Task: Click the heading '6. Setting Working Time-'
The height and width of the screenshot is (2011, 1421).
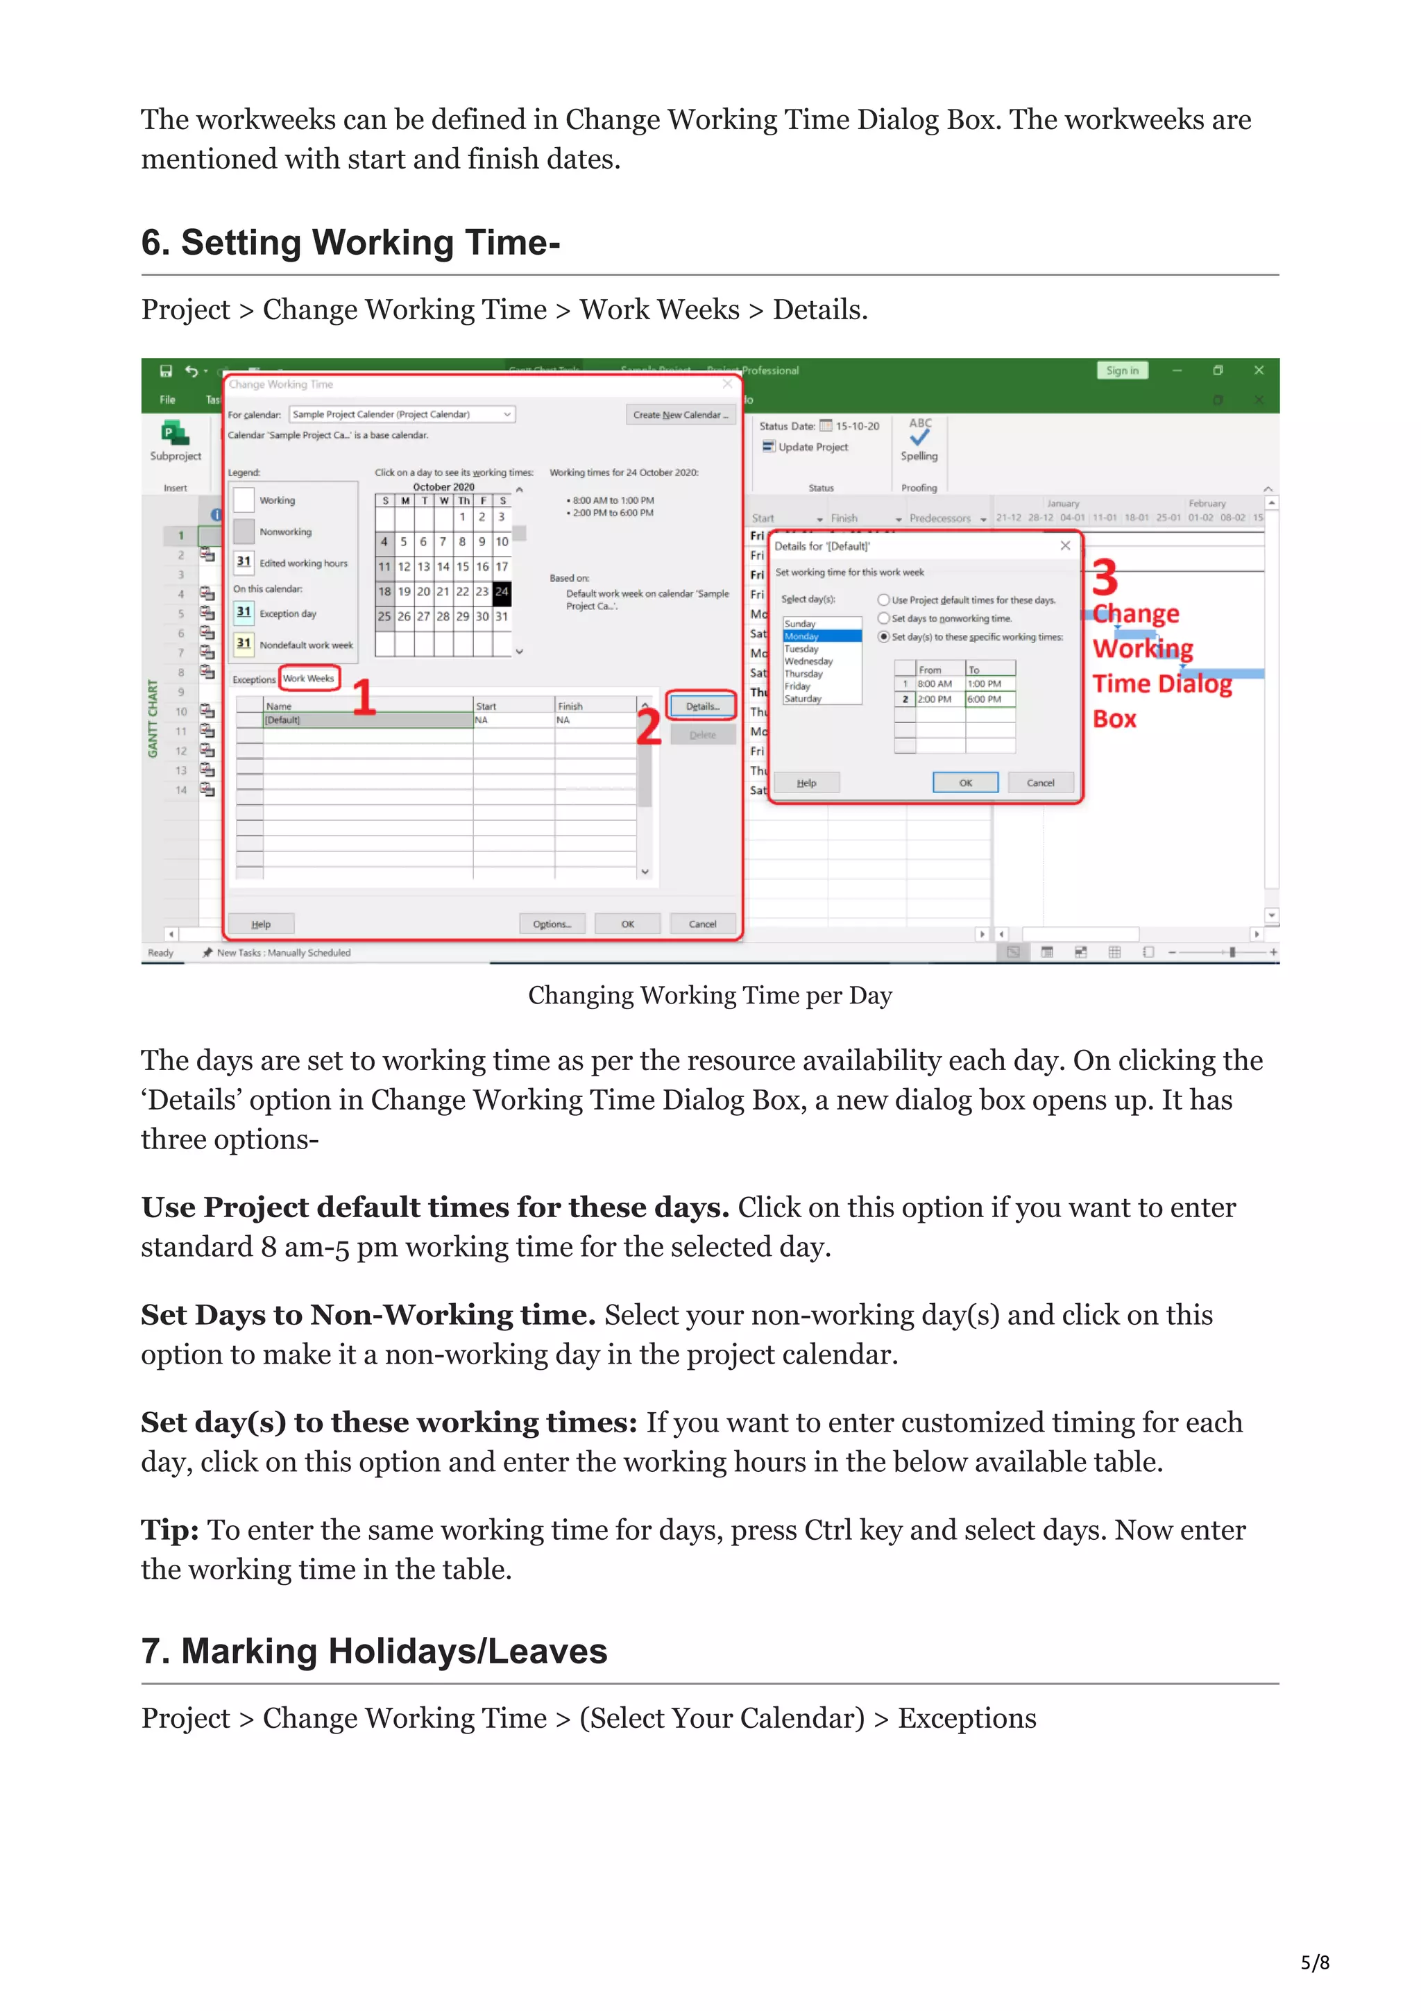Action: click(x=350, y=243)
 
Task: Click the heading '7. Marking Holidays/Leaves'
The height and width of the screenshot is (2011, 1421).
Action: click(x=374, y=1651)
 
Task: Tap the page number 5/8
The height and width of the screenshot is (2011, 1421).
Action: click(x=1314, y=1962)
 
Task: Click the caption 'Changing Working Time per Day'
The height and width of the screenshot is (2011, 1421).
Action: click(x=709, y=995)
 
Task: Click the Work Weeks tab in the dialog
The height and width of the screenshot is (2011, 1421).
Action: click(x=308, y=678)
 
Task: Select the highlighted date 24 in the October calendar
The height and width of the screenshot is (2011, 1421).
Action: click(x=502, y=591)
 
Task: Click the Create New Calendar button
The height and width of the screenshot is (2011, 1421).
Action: click(x=679, y=414)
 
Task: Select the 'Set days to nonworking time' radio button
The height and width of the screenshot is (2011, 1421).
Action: click(x=883, y=618)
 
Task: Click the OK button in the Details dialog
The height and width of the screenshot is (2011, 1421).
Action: click(x=965, y=782)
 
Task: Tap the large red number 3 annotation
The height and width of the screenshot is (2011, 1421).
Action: click(x=1105, y=578)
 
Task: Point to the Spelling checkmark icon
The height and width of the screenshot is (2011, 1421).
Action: click(x=919, y=437)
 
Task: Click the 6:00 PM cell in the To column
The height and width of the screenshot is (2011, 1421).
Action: click(x=989, y=699)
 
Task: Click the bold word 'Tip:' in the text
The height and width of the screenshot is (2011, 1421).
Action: click(x=170, y=1530)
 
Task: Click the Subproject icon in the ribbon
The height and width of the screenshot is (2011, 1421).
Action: click(x=175, y=434)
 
